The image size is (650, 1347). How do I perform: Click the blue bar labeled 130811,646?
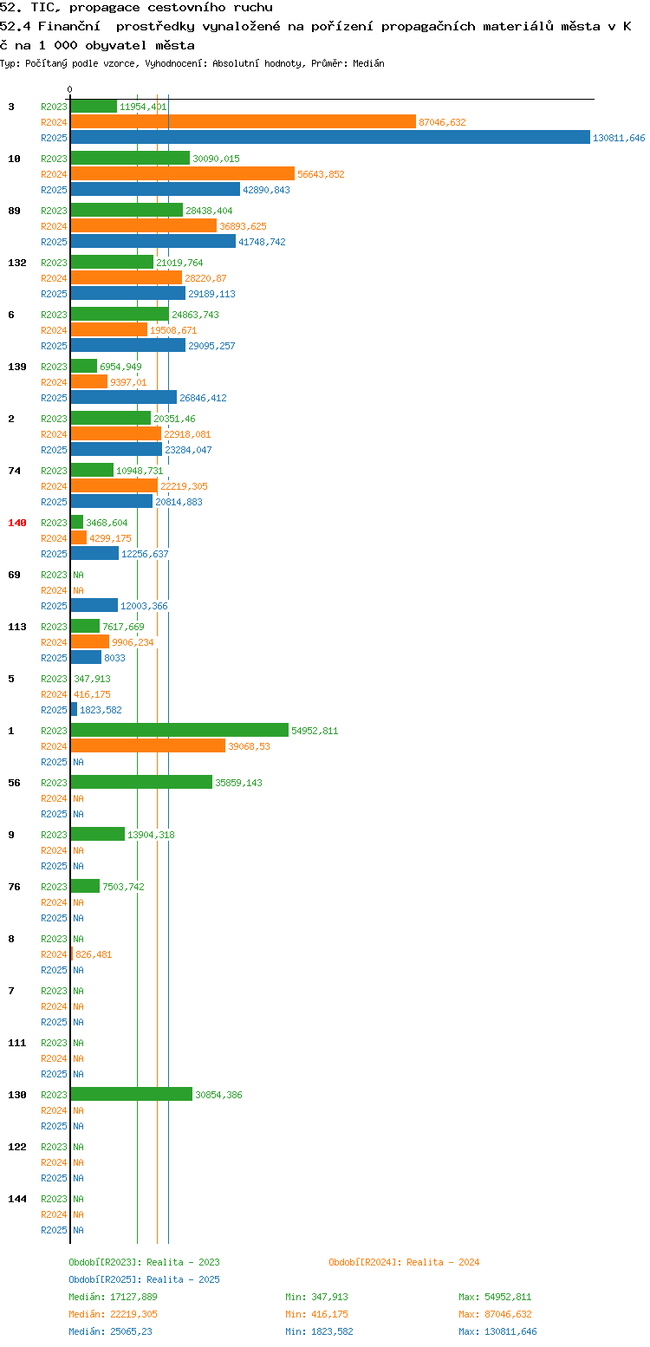coord(330,138)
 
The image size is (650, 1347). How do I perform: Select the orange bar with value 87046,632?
coord(244,122)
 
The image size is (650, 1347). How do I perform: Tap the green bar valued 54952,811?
coord(179,731)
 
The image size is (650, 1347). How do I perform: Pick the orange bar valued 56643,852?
coord(183,174)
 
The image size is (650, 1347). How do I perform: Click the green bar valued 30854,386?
coord(132,1095)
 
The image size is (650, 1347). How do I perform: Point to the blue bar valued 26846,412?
coord(124,398)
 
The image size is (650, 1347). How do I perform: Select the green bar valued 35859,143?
coord(141,783)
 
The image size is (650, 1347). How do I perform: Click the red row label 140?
coord(17,523)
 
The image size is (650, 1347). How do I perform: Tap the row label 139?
coord(17,367)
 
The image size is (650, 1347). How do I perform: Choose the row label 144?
coord(17,1199)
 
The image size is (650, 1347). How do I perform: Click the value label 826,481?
coord(94,954)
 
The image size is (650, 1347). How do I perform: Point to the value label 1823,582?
coord(101,710)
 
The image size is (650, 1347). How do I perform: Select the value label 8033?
coord(115,658)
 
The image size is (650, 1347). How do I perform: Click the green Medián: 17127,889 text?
coord(113,1297)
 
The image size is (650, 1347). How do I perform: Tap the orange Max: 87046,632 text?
coord(496,1315)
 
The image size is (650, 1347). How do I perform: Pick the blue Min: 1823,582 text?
coord(319,1332)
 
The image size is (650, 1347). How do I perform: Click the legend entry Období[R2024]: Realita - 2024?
coord(404,1262)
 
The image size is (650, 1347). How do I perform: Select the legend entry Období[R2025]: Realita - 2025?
coord(145,1279)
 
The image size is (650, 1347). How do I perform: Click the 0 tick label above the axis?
coord(69,89)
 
